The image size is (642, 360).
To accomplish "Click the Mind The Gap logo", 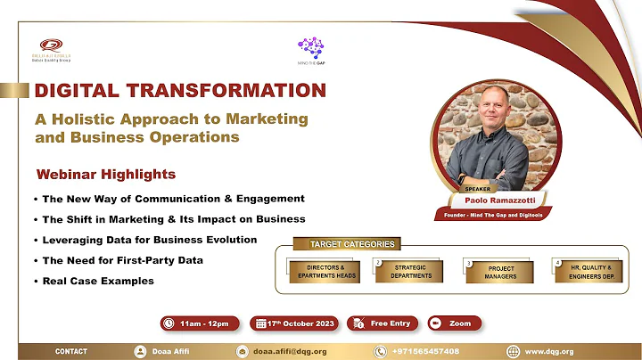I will point(311,50).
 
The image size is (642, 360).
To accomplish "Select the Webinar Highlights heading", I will point(105,174).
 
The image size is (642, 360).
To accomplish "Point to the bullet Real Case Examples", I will point(98,281).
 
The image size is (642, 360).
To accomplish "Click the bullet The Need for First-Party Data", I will point(122,260).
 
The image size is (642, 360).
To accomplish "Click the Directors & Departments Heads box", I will point(325,271).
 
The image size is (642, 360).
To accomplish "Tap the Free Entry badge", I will point(382,323).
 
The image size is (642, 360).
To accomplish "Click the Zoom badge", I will point(455,323).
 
